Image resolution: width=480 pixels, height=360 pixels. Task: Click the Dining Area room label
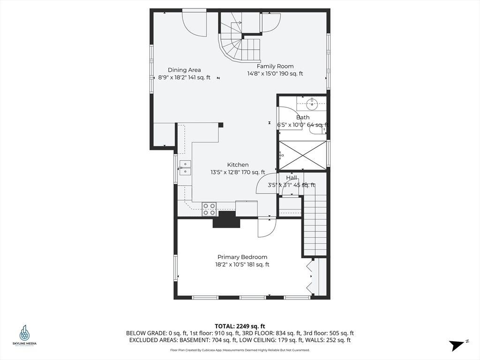click(184, 70)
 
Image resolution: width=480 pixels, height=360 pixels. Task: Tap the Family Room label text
click(275, 66)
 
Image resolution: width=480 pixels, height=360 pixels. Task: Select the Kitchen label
click(238, 165)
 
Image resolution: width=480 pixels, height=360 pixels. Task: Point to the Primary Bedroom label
click(242, 257)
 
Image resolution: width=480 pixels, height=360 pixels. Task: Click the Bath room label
click(303, 117)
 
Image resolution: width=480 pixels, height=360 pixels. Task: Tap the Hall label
click(292, 178)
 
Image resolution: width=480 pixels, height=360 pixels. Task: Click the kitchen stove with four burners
click(209, 209)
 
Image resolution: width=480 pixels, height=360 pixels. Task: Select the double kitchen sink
click(185, 167)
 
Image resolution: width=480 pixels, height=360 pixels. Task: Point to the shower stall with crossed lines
click(302, 155)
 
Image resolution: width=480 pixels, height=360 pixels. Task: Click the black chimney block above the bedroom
click(226, 219)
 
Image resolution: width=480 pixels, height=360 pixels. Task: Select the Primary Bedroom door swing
click(266, 228)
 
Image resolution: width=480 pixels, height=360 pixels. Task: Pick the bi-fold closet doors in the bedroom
click(310, 277)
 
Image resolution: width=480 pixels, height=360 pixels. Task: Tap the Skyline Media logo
click(24, 336)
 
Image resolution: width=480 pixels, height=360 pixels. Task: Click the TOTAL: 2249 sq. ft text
click(240, 326)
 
